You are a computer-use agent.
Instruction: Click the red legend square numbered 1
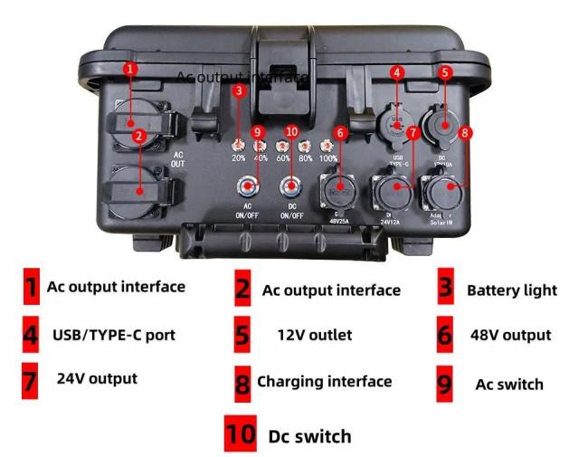[x=31, y=288]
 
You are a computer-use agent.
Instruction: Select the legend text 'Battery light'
[x=511, y=290]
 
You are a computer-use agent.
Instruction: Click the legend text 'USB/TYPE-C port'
[x=114, y=335]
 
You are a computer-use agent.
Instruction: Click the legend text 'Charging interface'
[x=324, y=381]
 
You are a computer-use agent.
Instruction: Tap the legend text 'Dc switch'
[x=309, y=436]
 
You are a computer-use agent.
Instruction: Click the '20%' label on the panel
[x=238, y=157]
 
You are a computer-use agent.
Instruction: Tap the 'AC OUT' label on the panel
[x=178, y=159]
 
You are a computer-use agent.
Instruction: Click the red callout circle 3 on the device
[x=238, y=90]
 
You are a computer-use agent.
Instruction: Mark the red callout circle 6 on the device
[x=340, y=132]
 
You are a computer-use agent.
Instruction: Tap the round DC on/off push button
[x=291, y=188]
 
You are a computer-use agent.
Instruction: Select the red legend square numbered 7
[x=31, y=381]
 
